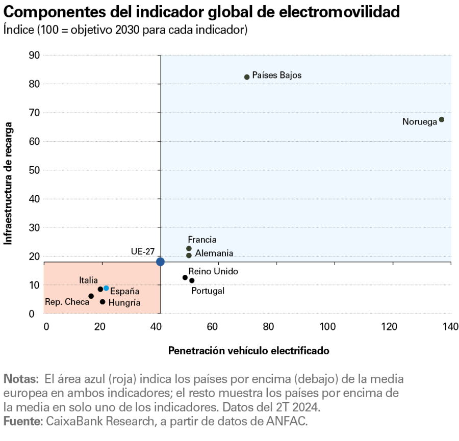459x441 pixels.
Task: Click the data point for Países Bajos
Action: point(247,77)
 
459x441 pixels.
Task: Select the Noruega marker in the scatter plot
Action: point(442,119)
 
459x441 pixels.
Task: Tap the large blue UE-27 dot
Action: point(160,262)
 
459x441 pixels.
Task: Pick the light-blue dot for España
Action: point(106,288)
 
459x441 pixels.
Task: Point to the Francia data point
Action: point(189,248)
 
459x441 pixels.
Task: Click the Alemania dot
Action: point(189,255)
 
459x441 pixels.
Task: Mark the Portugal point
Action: point(192,280)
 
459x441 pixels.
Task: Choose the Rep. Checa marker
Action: point(91,296)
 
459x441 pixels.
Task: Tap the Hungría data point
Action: point(103,302)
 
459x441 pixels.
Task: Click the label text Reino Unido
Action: point(213,271)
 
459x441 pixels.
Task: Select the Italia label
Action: point(88,280)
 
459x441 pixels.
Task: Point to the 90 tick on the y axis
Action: point(35,55)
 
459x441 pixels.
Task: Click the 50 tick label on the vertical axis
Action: point(35,170)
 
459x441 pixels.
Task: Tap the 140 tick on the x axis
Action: point(451,326)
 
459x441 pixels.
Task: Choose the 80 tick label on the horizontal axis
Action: point(268,326)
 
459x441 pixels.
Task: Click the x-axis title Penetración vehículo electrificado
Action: point(248,351)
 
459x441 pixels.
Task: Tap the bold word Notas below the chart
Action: point(20,379)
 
